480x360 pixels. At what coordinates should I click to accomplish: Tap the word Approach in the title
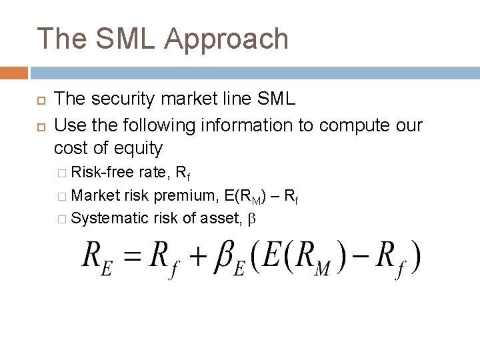226,40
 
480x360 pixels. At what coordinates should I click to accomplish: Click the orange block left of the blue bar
14,73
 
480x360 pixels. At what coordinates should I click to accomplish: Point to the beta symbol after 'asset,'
251,218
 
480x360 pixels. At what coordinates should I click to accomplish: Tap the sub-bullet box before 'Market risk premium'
62,196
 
